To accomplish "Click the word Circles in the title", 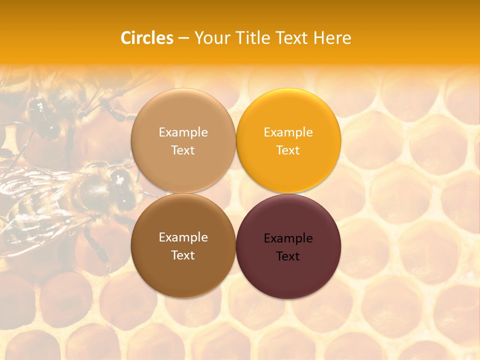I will click(147, 38).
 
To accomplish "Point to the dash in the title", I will click(183, 38).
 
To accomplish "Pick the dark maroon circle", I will click(288, 272).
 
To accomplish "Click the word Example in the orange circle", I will click(288, 132).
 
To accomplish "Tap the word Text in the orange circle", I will click(288, 150).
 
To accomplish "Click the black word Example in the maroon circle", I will click(288, 238).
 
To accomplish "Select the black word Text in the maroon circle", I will click(288, 256).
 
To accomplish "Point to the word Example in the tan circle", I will click(183, 132).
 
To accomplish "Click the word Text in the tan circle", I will click(183, 150).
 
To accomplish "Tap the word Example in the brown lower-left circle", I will click(183, 237).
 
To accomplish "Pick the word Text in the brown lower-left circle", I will click(183, 255).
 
